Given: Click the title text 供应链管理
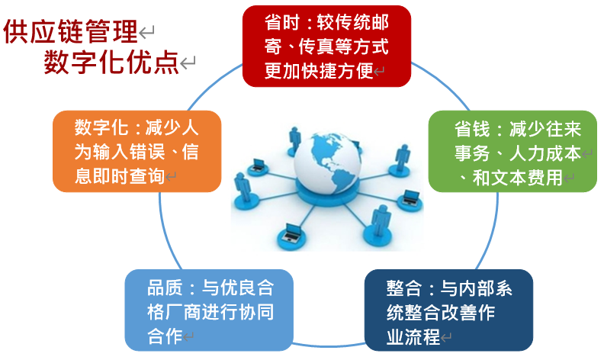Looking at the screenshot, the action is click(x=70, y=31).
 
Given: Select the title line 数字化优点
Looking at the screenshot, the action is click(x=111, y=62).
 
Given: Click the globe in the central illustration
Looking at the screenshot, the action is click(x=327, y=162).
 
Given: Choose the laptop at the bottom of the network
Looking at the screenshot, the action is click(x=291, y=232).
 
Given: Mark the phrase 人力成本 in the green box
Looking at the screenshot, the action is click(x=545, y=153).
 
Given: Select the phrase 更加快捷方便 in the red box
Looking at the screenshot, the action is click(x=319, y=71).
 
